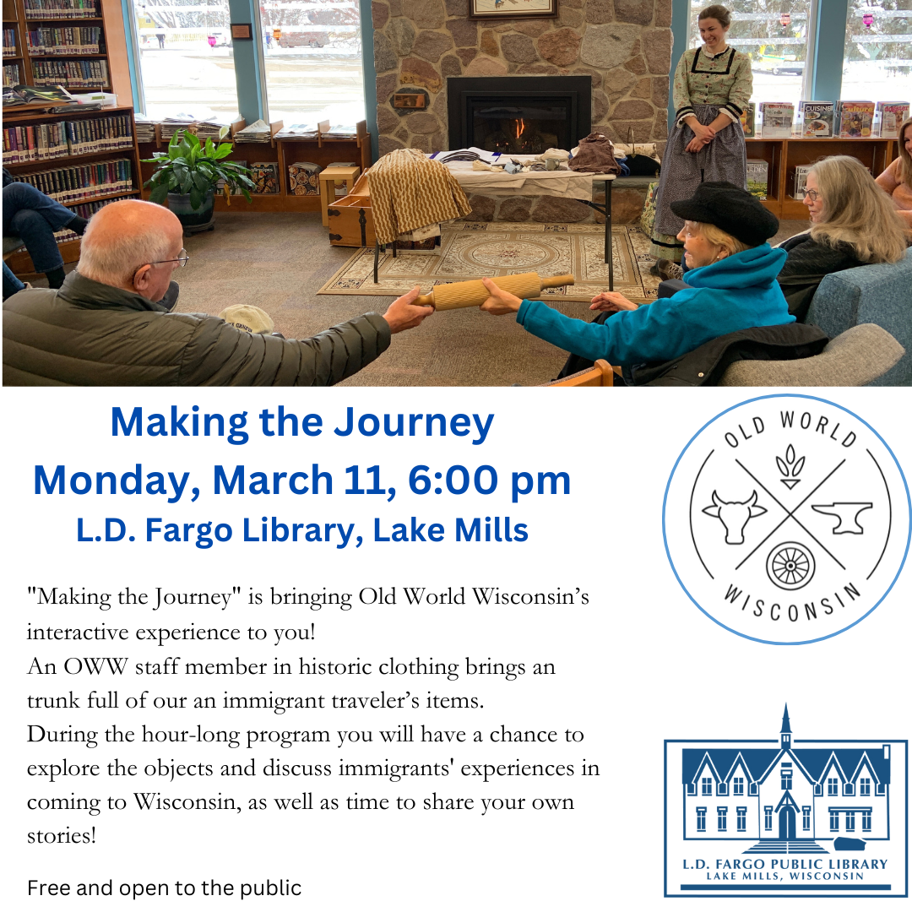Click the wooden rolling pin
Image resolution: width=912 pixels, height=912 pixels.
coord(494,290)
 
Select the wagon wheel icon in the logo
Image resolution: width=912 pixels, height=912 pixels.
coord(790,565)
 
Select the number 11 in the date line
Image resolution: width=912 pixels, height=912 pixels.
coord(369,480)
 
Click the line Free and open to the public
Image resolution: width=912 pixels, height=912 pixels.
coord(165,888)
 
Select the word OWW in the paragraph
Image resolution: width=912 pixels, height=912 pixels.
coord(88,666)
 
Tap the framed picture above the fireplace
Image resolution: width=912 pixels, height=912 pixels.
coord(513,8)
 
